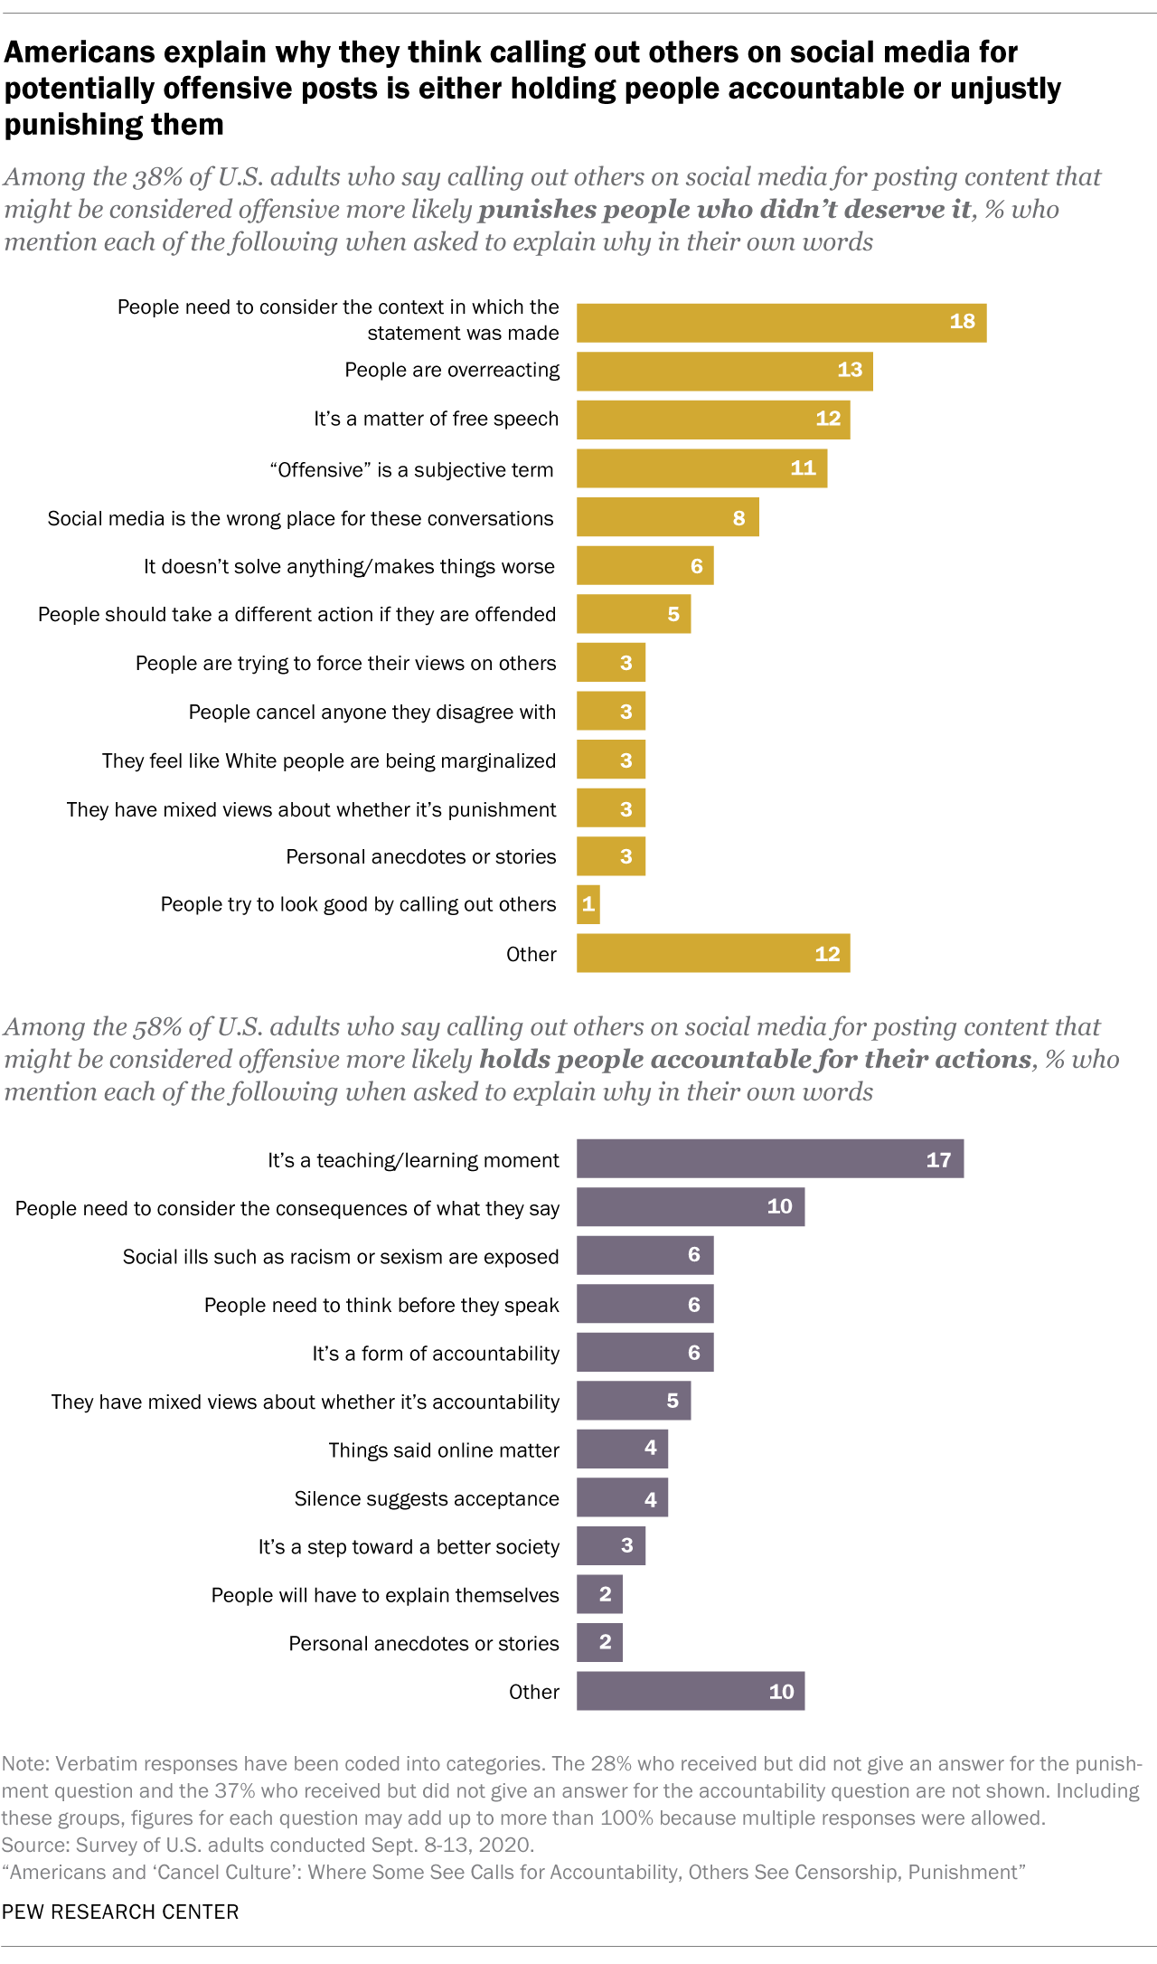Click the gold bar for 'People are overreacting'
[723, 371]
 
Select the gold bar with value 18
[780, 323]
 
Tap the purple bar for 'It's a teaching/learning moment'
[769, 1158]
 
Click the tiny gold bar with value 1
[588, 904]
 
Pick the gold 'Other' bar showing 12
[712, 953]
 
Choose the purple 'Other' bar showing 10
[690, 1691]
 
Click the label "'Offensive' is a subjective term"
[411, 469]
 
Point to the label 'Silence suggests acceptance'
[426, 1498]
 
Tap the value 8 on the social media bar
[738, 518]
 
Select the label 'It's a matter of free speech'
[436, 419]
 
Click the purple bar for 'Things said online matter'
[622, 1449]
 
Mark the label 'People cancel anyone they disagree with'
[372, 712]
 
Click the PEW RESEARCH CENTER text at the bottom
[120, 1912]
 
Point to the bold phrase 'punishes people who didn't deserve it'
[724, 210]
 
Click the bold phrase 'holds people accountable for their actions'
[755, 1059]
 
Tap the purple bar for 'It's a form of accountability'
[644, 1352]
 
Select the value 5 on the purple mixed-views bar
[672, 1401]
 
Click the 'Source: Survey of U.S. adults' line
[268, 1845]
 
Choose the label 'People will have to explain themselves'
[384, 1595]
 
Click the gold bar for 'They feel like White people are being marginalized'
[610, 760]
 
